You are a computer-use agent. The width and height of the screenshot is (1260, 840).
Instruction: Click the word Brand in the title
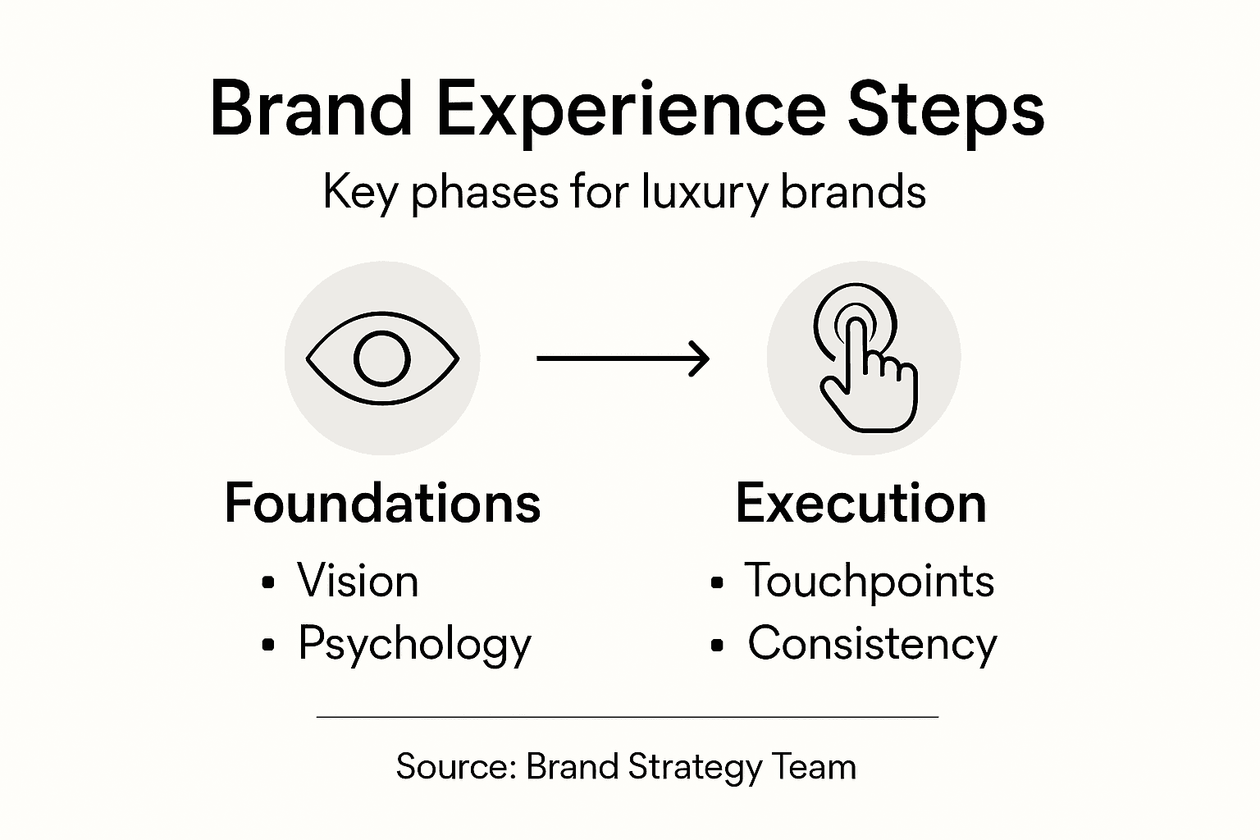[x=310, y=109]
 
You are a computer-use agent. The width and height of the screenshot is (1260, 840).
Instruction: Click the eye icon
[x=382, y=358]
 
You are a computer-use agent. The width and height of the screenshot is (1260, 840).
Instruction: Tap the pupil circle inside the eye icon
[x=382, y=358]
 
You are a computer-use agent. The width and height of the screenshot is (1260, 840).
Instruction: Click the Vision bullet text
[x=358, y=581]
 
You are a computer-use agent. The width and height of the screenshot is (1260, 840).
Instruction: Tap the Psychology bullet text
[x=414, y=644]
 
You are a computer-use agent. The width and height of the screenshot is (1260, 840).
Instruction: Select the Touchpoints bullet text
[x=869, y=581]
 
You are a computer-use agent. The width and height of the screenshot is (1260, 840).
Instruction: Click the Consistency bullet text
[x=872, y=644]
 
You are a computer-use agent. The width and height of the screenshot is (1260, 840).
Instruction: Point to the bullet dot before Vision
[x=267, y=583]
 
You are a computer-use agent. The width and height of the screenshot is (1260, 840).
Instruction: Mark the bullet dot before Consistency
[x=718, y=646]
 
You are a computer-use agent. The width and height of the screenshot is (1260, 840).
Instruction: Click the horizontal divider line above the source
[x=627, y=717]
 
